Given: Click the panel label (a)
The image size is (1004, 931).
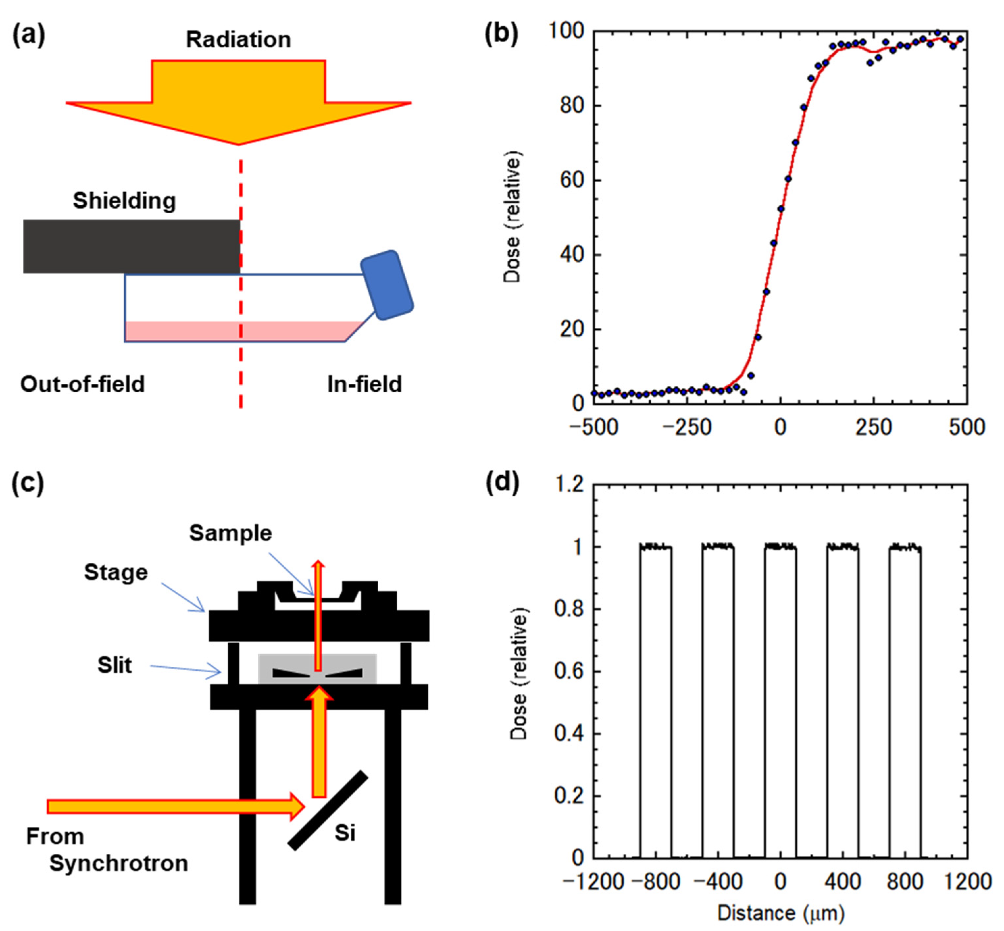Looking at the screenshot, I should pyautogui.click(x=28, y=36).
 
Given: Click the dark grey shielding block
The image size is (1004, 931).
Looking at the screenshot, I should pyautogui.click(x=131, y=246).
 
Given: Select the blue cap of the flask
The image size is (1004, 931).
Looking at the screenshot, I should pyautogui.click(x=387, y=285).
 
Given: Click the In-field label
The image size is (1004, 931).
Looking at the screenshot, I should pyautogui.click(x=364, y=384).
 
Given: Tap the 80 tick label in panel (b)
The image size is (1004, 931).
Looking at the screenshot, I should pyautogui.click(x=572, y=106).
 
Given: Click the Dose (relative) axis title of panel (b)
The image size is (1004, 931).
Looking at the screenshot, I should pyautogui.click(x=512, y=217).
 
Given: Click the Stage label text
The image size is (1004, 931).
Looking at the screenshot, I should pyautogui.click(x=116, y=572).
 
